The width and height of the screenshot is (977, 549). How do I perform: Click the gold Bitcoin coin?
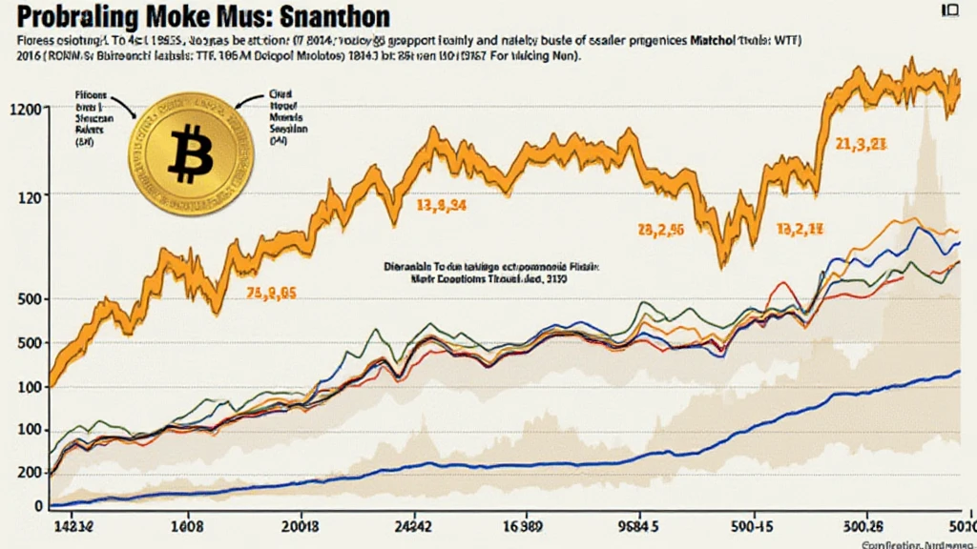click(192, 152)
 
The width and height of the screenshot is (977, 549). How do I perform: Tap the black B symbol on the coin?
click(192, 153)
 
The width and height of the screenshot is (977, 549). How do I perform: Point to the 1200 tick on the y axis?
click(25, 109)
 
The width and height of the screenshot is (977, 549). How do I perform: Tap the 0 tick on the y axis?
click(38, 506)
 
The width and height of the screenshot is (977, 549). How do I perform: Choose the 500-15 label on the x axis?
click(748, 525)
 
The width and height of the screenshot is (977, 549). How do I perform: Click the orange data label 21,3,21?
click(863, 145)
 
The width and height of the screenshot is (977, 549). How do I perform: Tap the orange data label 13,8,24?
click(442, 204)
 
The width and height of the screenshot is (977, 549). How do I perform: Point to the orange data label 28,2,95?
click(660, 230)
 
